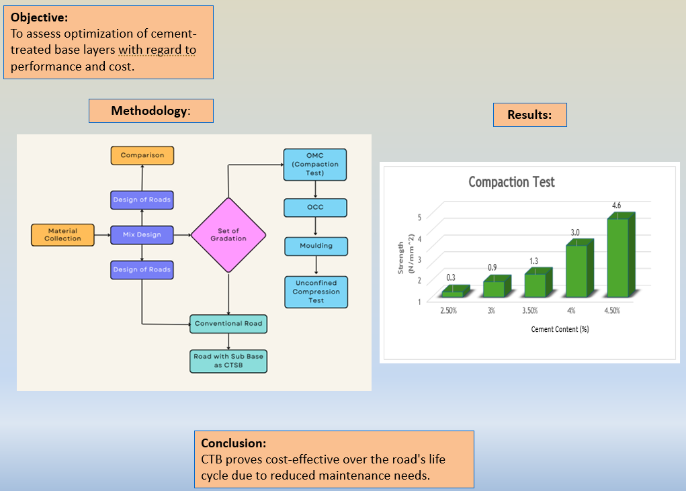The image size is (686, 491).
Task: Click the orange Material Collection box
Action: tap(62, 234)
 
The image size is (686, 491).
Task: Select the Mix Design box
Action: tap(142, 234)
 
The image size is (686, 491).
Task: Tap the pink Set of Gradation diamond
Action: tap(228, 235)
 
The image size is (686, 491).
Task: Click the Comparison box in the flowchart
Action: tap(142, 155)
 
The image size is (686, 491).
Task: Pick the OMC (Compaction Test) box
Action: tap(315, 165)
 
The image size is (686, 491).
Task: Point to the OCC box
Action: tap(315, 207)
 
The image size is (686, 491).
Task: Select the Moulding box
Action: tap(316, 246)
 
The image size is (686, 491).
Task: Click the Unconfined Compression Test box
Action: tap(316, 292)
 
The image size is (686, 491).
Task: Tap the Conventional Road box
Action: tap(228, 324)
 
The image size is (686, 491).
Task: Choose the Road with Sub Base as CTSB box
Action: tap(228, 361)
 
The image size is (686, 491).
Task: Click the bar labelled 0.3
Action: tap(452, 294)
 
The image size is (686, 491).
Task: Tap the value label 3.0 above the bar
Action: tap(575, 232)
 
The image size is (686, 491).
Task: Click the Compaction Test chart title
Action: tap(511, 182)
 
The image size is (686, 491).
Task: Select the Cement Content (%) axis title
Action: tap(560, 329)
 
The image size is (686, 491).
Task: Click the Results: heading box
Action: tap(529, 115)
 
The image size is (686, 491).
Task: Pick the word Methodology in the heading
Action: tap(148, 111)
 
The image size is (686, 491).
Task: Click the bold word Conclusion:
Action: tap(234, 443)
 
